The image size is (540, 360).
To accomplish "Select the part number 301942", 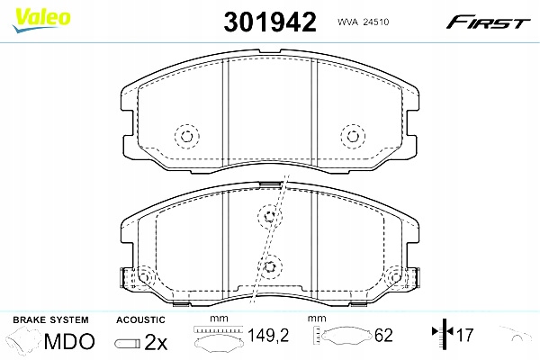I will [x=269, y=22].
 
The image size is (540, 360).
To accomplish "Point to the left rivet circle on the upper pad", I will [x=186, y=137].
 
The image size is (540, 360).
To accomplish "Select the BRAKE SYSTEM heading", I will [x=49, y=320].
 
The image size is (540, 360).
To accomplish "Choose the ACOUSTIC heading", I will [x=140, y=320].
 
